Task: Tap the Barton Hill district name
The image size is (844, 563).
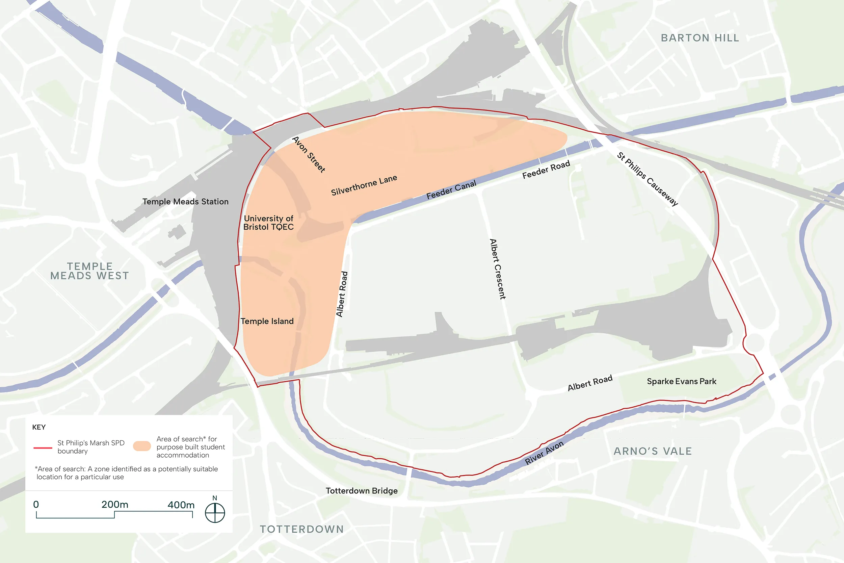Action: pos(700,38)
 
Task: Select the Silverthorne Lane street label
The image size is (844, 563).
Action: pos(364,185)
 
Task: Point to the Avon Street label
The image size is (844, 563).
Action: pos(309,154)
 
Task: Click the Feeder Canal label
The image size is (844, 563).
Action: pos(451,189)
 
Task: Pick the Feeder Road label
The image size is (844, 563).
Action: pos(546,170)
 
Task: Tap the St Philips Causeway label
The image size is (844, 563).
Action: pos(648,179)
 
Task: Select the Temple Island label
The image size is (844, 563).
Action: pos(267,321)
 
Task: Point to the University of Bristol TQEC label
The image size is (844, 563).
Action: pos(268,223)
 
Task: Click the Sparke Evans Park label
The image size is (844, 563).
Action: pos(681,381)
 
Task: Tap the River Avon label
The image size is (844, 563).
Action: pos(544,453)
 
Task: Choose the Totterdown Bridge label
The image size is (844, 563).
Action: pos(361,491)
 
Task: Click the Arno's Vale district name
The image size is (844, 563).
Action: pos(652,451)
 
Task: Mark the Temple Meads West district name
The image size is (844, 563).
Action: pos(90,271)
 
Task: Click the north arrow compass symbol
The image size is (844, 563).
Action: pos(215,512)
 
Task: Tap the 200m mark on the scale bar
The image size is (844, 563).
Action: pos(114,505)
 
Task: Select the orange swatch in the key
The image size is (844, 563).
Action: pos(142,446)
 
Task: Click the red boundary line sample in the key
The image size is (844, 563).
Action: pos(43,448)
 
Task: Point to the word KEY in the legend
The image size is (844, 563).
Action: pos(39,427)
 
